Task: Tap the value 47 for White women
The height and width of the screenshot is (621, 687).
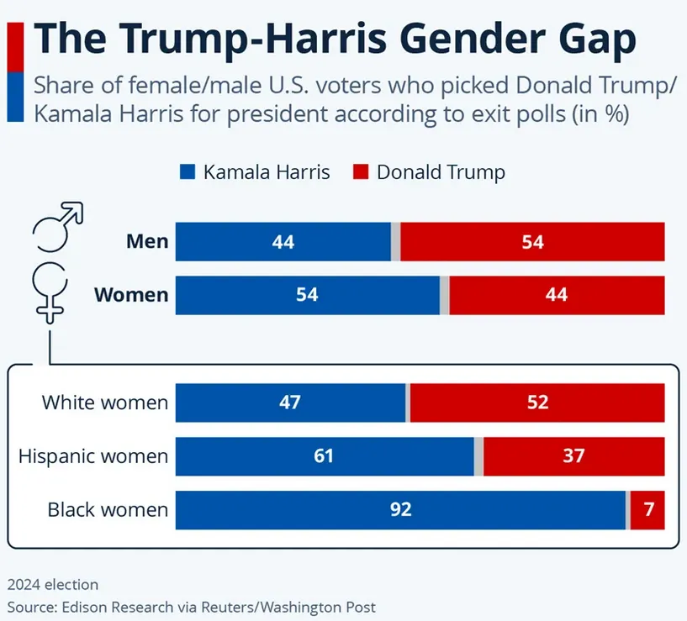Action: coord(290,403)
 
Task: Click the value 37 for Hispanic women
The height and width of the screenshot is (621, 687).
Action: coord(574,456)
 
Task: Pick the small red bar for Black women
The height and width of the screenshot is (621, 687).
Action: coord(647,509)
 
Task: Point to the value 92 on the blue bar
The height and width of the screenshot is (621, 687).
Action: coord(400,509)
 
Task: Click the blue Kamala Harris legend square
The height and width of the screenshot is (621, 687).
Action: coord(188,172)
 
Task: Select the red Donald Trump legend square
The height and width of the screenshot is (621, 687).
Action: coord(361,172)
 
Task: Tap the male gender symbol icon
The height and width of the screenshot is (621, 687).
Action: coord(56,225)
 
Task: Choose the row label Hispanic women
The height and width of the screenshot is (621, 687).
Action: coord(93,457)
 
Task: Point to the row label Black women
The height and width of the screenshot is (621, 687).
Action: coord(108,510)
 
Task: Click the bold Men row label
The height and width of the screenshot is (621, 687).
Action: coord(147,242)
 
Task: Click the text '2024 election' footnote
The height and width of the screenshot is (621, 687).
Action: coord(53,584)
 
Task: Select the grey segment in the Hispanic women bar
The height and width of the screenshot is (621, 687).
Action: coord(478,456)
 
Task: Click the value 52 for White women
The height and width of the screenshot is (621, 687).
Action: coord(536,403)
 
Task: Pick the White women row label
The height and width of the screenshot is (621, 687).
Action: coord(105,403)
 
